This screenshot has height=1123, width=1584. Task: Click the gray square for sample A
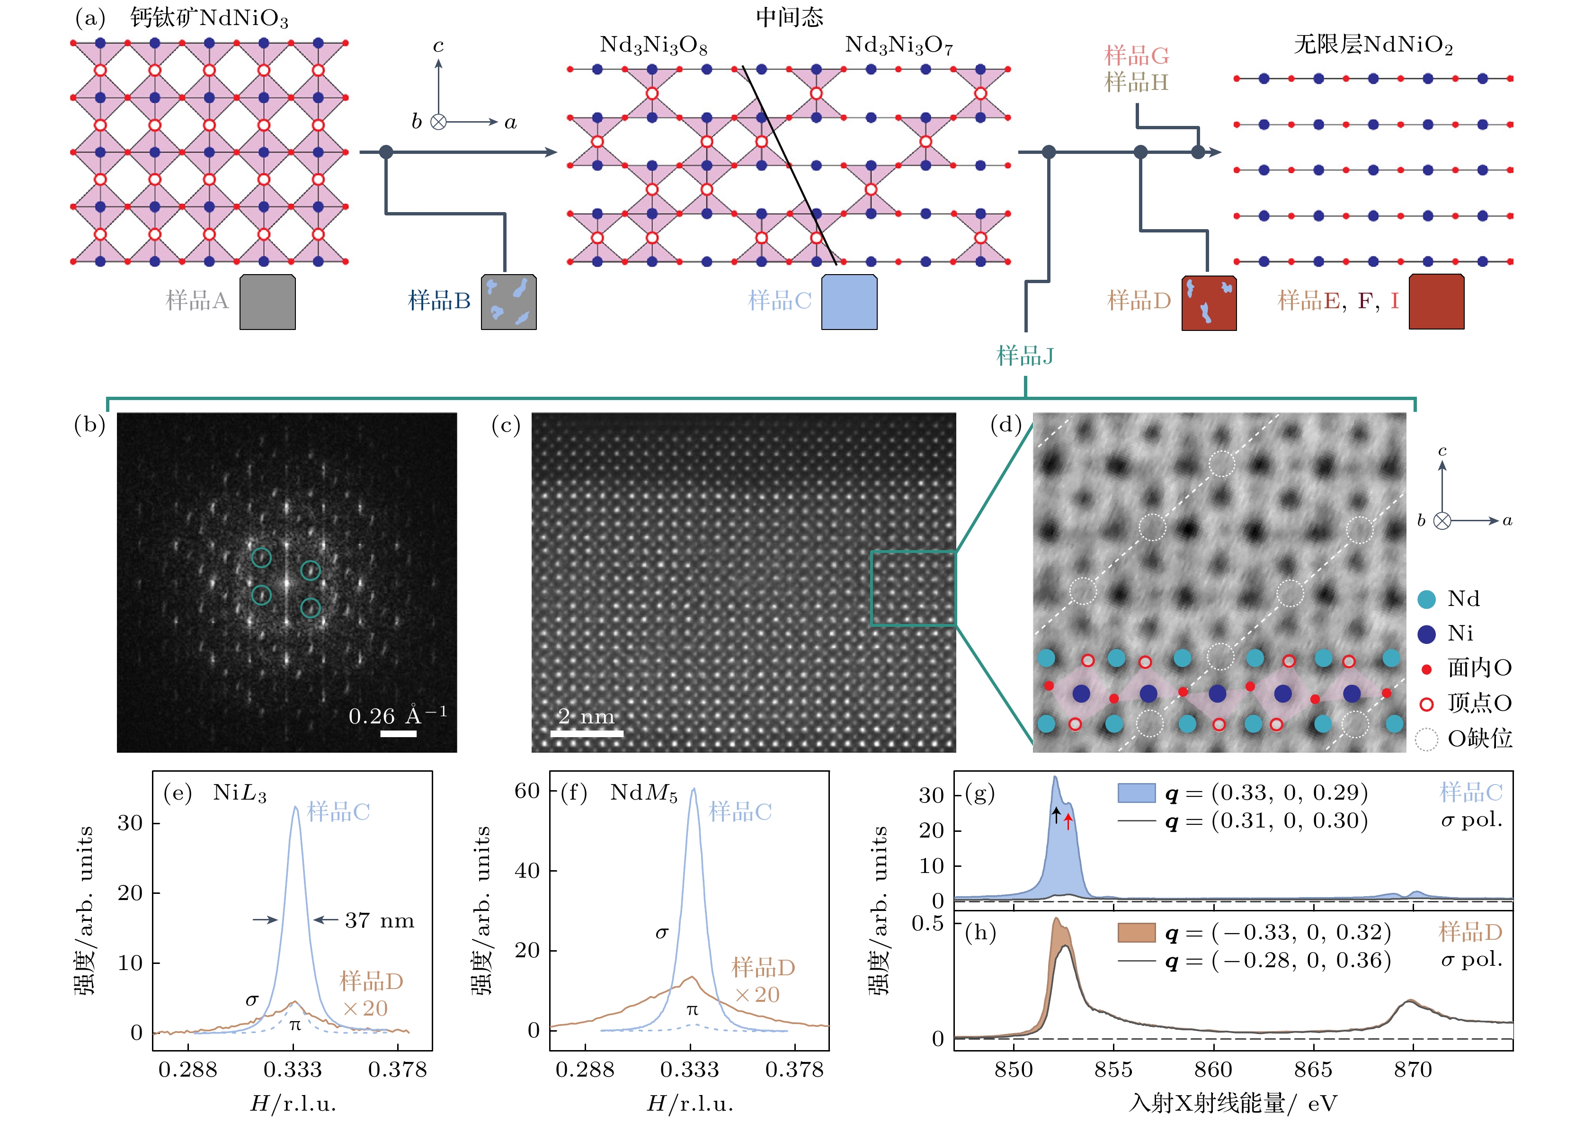(x=267, y=302)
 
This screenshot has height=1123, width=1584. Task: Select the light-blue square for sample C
(x=849, y=302)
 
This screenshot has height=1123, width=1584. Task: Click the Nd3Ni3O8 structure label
(x=653, y=45)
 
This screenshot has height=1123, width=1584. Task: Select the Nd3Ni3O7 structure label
(x=899, y=45)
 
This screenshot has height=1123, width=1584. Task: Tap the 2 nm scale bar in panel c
(x=587, y=733)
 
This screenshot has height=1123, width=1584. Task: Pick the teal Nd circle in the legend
(x=1426, y=599)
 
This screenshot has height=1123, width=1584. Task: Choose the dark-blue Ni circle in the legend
(x=1426, y=634)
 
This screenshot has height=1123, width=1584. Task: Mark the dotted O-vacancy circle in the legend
(x=1426, y=739)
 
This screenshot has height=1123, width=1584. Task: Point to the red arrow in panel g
(x=1068, y=821)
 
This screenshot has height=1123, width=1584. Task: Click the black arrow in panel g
(x=1056, y=815)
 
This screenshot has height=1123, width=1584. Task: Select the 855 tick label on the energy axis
(x=1113, y=1070)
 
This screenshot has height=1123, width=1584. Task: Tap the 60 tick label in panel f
(x=527, y=790)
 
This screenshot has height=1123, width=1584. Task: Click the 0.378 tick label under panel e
(x=398, y=1070)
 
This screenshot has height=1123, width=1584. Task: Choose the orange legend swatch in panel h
(x=1136, y=933)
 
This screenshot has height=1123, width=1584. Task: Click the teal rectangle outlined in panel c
(x=913, y=588)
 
